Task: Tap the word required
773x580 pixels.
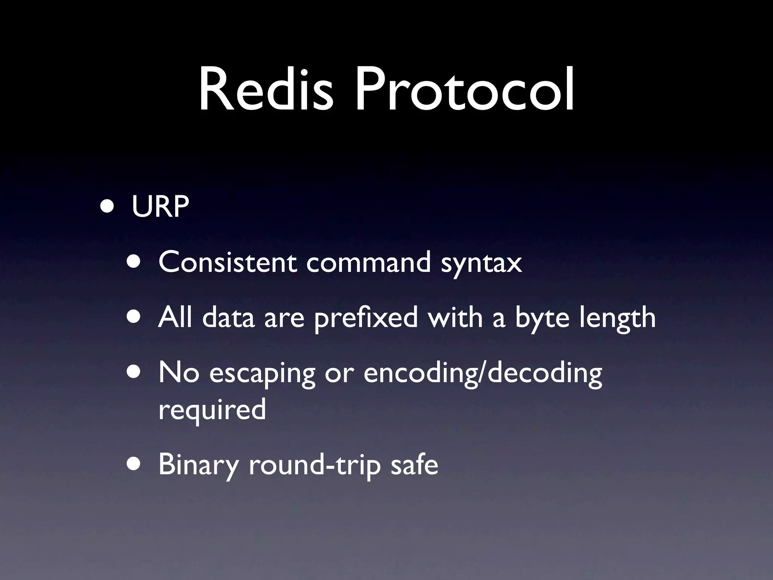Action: click(212, 410)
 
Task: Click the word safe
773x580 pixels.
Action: click(414, 464)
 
